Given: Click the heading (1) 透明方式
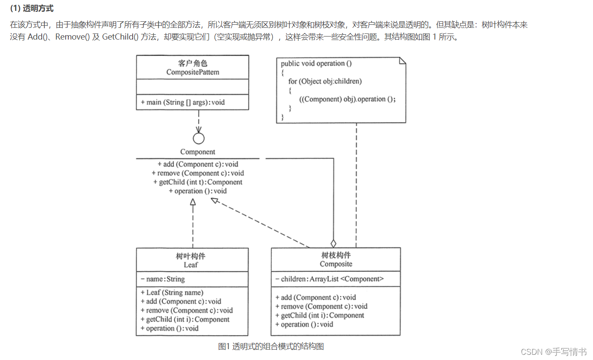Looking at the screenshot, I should (32, 9).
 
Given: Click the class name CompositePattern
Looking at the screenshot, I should (193, 72).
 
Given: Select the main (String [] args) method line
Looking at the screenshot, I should (183, 103).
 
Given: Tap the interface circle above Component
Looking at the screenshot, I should (199, 138).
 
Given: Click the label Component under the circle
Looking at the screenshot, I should (198, 152).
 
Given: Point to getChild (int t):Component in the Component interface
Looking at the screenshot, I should (198, 182).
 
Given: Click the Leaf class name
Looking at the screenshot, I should (191, 264).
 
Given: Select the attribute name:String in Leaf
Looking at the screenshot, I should (163, 279).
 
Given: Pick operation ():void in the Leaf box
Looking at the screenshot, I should (170, 328).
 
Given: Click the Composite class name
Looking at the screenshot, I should (336, 264).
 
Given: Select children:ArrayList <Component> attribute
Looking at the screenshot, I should (330, 279).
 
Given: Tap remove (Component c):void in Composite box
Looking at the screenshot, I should (321, 307).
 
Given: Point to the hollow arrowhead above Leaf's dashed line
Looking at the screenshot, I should (193, 202).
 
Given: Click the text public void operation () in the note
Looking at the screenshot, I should (316, 63).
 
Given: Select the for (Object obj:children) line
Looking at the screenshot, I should (325, 81).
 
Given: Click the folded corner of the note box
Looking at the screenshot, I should (402, 60).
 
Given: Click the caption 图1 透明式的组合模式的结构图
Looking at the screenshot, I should (271, 347).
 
